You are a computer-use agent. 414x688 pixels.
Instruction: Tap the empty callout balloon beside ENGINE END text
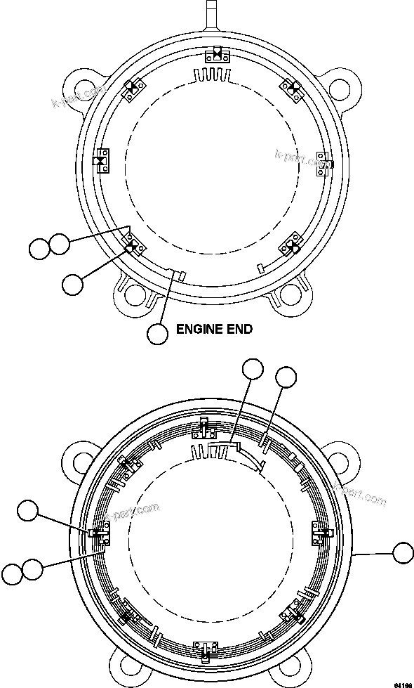click(158, 334)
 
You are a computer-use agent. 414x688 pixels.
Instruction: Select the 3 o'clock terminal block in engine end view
click(325, 160)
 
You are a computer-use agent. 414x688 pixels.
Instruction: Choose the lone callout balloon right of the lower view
click(403, 552)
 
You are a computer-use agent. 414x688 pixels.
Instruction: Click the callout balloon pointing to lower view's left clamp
click(29, 512)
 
